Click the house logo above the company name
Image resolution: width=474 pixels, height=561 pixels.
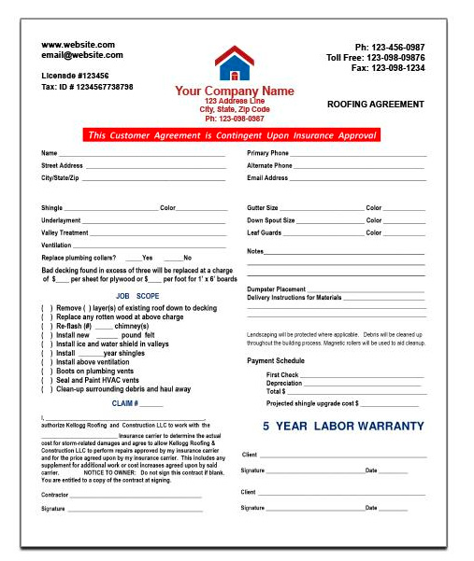click(234, 63)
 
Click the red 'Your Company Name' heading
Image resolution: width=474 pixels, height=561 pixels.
click(234, 91)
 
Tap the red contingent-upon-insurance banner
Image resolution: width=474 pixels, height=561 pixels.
click(231, 135)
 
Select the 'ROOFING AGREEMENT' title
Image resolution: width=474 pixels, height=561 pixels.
click(376, 105)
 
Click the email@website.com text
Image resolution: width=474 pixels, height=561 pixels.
click(82, 55)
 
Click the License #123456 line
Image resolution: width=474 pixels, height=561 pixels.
click(76, 76)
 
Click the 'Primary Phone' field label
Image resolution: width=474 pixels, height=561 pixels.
click(267, 153)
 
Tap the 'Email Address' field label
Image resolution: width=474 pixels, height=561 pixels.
click(267, 177)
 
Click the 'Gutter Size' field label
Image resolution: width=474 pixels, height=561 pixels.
click(263, 208)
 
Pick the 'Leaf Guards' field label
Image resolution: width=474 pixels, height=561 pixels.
click(264, 232)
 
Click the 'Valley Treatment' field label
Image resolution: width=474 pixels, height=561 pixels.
click(65, 232)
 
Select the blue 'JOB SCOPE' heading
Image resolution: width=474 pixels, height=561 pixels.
click(137, 296)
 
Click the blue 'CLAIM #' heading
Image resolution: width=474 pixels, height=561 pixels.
click(136, 403)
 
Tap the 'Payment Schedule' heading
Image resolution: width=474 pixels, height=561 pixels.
click(276, 360)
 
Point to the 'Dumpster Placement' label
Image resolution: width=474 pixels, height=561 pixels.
click(276, 289)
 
